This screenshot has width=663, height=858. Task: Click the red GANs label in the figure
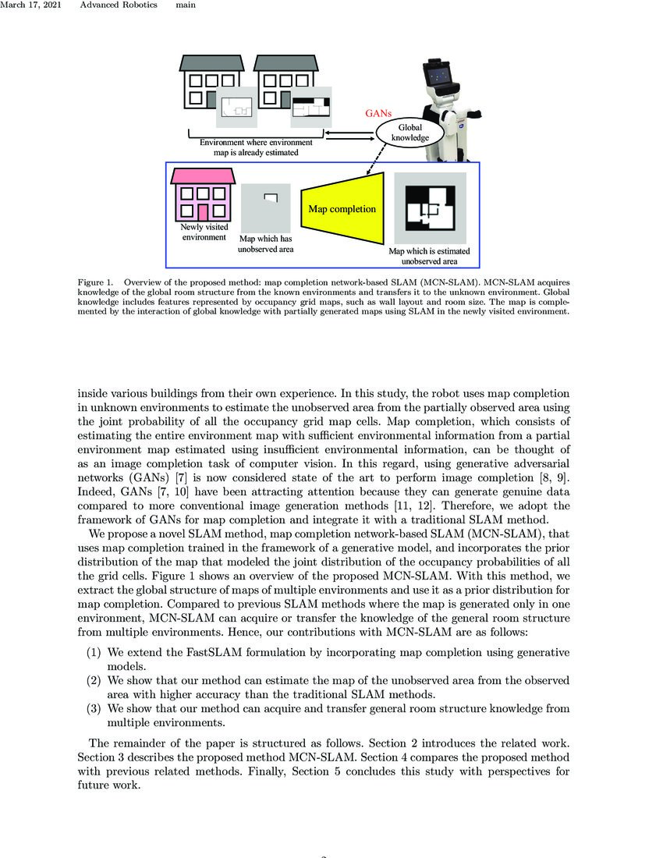click(378, 113)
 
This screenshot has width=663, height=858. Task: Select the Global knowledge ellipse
click(409, 133)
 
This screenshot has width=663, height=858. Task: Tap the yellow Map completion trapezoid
click(342, 209)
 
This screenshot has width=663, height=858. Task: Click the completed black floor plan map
click(430, 208)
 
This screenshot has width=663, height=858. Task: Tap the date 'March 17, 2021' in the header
click(30, 5)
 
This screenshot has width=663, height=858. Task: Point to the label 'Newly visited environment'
click(204, 232)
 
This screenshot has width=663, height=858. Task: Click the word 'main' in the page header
click(186, 5)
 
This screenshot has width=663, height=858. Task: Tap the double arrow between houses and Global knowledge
click(347, 136)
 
